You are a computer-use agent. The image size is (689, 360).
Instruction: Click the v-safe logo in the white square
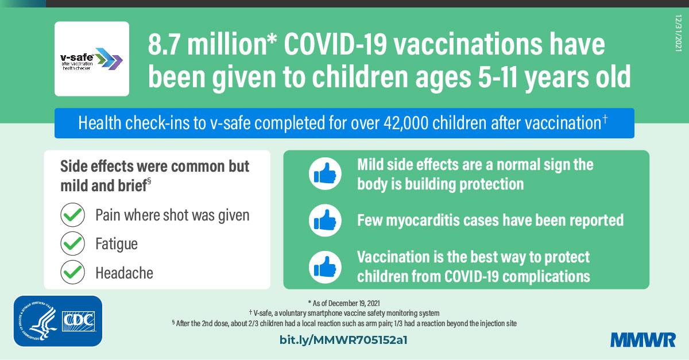click(92, 59)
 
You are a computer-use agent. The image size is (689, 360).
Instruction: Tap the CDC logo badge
click(58, 321)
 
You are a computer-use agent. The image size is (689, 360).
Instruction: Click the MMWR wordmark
click(643, 340)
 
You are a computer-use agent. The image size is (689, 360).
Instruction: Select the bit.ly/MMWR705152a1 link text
click(343, 340)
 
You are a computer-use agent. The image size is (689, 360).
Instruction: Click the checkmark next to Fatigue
click(72, 243)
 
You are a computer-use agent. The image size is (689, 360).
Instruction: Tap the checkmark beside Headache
click(72, 272)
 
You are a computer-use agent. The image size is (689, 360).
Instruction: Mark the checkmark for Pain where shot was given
click(72, 215)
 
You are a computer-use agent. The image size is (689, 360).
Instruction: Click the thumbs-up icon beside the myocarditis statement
click(325, 220)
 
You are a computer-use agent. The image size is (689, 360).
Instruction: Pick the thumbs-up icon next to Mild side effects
click(325, 173)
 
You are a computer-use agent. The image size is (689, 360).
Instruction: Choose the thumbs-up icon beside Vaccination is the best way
click(325, 267)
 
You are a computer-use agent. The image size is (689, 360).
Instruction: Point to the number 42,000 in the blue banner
click(406, 123)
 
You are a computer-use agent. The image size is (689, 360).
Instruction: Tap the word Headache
click(124, 273)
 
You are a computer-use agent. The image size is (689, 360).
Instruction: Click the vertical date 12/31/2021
click(679, 33)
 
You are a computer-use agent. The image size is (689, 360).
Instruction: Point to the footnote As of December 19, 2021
click(344, 303)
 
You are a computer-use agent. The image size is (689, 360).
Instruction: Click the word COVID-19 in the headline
click(335, 44)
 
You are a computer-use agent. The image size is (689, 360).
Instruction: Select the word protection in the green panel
click(491, 184)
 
